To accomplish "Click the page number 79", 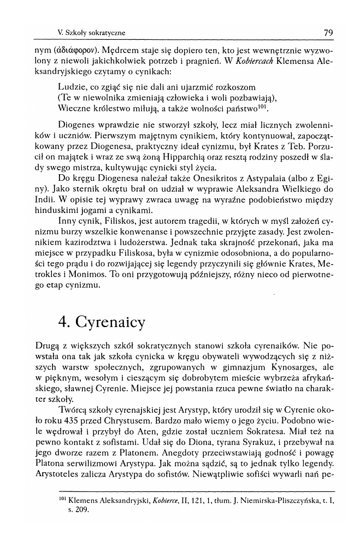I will click(328, 32).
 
